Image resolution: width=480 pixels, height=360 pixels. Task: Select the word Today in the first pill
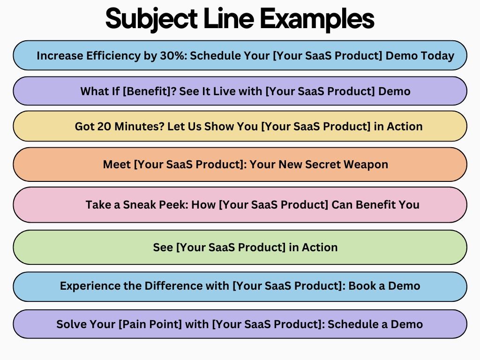437,56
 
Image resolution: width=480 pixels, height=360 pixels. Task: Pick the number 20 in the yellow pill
105,126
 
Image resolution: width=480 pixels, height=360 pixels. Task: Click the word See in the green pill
163,247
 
